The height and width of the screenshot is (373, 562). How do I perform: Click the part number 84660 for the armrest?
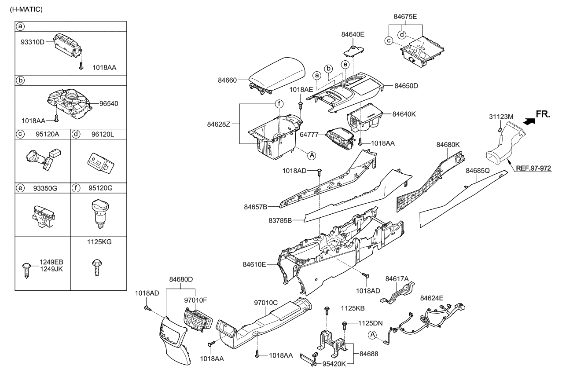(227, 80)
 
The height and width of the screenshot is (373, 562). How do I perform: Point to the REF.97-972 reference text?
(533, 168)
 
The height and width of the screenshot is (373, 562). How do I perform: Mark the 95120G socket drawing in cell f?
(99, 213)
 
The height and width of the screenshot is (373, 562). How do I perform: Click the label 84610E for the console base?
(254, 264)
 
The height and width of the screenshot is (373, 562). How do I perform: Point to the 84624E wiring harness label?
(431, 298)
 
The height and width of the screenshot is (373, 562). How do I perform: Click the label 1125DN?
(371, 323)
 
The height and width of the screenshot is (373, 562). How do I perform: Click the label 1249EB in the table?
(51, 262)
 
